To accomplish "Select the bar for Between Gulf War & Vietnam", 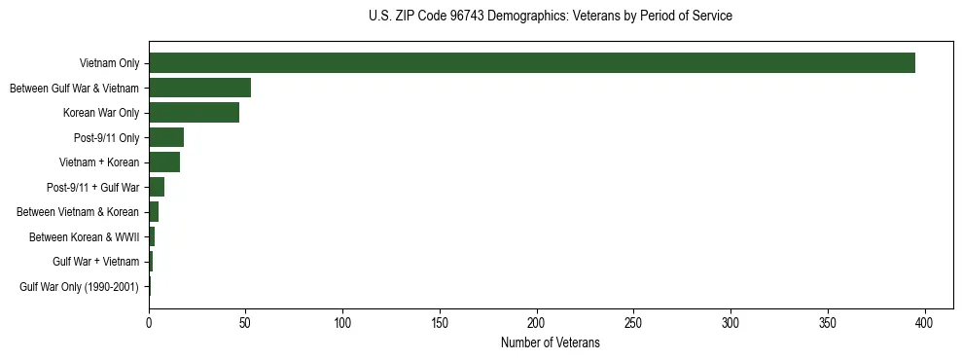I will pos(199,88).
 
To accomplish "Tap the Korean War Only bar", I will pos(194,113).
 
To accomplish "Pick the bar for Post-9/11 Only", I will pos(166,137).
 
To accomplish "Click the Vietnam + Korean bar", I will pos(164,162).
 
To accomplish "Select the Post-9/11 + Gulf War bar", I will pos(157,187).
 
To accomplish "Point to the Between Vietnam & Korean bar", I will pos(154,212).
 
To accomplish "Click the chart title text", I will pos(551,17).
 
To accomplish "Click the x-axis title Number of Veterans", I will pos(551,343).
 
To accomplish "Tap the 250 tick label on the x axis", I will pos(633,322).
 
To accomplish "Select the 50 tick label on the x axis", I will pos(246,322).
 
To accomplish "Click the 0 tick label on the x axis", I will pos(149,322).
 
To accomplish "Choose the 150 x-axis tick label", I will pos(440,322).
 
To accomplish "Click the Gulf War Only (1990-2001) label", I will pos(80,287).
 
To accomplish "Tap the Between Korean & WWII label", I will pos(85,236).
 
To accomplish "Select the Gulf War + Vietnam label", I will pos(96,262).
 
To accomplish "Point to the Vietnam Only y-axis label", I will pos(109,63).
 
